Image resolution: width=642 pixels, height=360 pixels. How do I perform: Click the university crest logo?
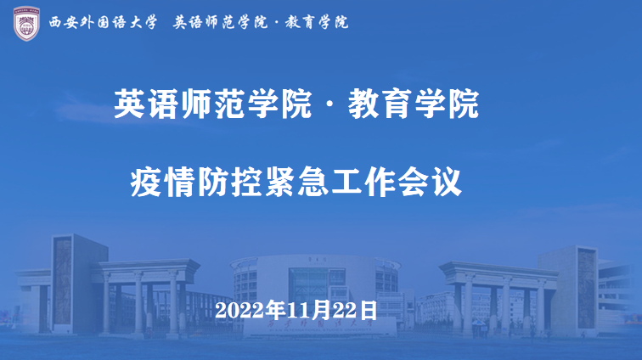[x=26, y=23]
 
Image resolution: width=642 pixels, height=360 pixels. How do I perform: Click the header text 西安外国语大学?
[x=104, y=22]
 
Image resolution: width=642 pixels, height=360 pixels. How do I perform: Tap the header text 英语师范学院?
[x=220, y=22]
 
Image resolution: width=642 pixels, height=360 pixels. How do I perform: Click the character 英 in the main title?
[x=129, y=104]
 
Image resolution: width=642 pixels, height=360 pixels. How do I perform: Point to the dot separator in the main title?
[x=330, y=104]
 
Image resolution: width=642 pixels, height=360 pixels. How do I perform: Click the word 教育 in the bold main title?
[x=380, y=104]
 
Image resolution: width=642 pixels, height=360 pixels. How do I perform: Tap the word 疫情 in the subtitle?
[x=162, y=182]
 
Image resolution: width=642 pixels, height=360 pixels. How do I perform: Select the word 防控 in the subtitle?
[x=229, y=182]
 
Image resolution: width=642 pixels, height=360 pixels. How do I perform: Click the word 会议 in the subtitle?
[x=430, y=182]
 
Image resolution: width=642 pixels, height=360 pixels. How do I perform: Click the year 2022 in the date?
[x=239, y=311]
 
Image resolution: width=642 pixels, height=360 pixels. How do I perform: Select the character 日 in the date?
[x=369, y=310]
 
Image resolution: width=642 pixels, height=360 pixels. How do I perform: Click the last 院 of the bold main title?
[x=464, y=104]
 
